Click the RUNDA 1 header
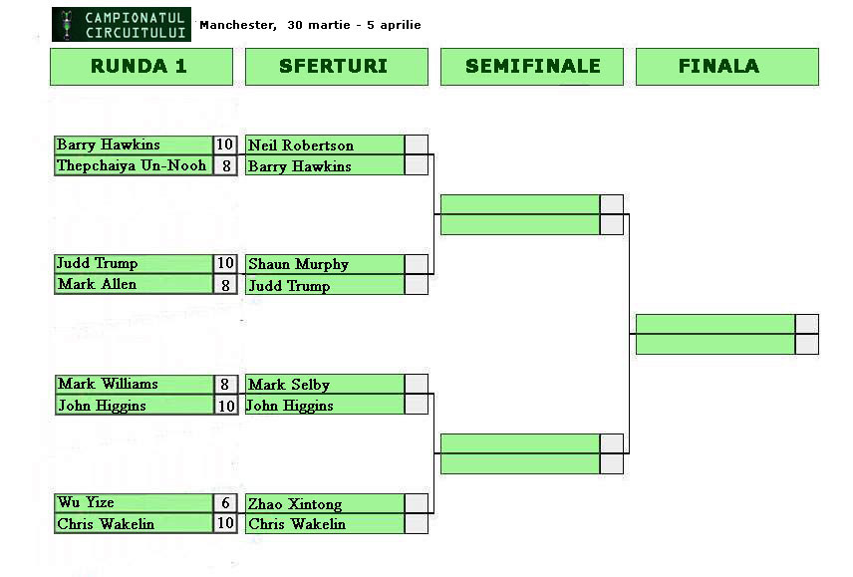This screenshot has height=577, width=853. (141, 67)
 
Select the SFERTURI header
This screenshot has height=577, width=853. (336, 67)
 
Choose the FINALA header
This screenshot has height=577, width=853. (726, 67)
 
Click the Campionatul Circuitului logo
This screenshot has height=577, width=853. (121, 25)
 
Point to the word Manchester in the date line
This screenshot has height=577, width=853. (237, 25)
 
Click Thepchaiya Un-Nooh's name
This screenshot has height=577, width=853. (132, 165)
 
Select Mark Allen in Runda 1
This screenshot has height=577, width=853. (97, 284)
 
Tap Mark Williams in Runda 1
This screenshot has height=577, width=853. (108, 384)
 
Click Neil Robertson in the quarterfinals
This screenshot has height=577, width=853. (301, 145)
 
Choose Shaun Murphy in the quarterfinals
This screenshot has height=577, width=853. (298, 264)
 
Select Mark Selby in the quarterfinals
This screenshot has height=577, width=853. (289, 385)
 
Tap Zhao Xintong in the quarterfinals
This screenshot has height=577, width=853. (295, 504)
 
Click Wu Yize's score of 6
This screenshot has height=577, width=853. (226, 503)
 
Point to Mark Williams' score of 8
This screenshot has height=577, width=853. (226, 385)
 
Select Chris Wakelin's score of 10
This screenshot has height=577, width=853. (226, 523)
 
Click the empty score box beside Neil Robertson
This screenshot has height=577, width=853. (417, 145)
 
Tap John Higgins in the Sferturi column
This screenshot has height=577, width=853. (290, 406)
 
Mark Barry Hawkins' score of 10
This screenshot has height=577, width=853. (226, 145)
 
